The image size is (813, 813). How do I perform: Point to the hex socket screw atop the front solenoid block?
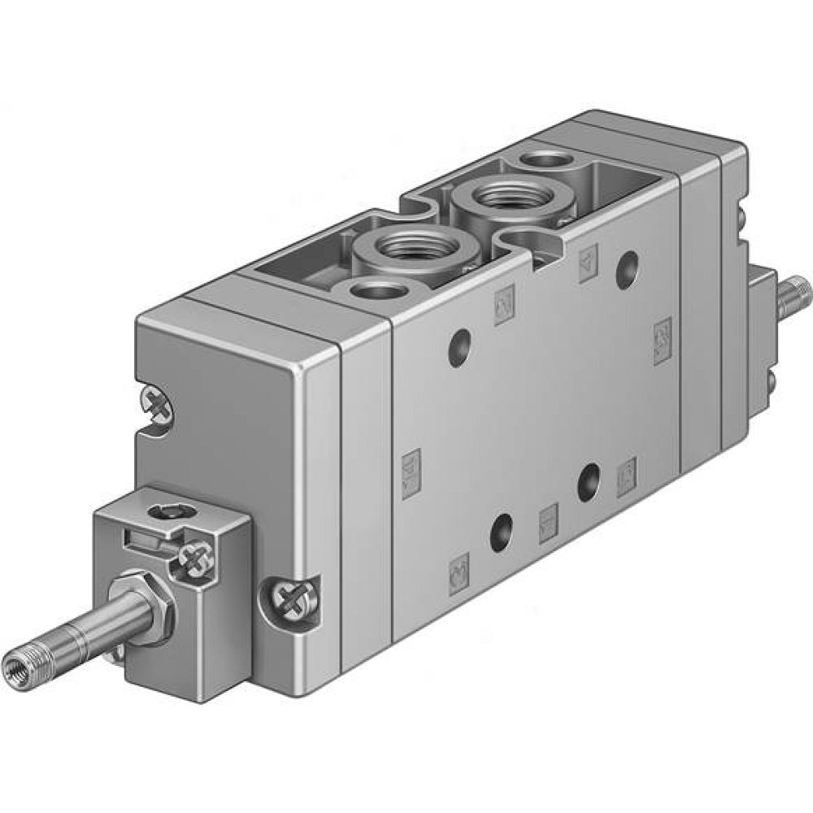pos(173,511)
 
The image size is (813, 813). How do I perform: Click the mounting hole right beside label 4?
pos(627,269)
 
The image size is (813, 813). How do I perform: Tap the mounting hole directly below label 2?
pos(459,348)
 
